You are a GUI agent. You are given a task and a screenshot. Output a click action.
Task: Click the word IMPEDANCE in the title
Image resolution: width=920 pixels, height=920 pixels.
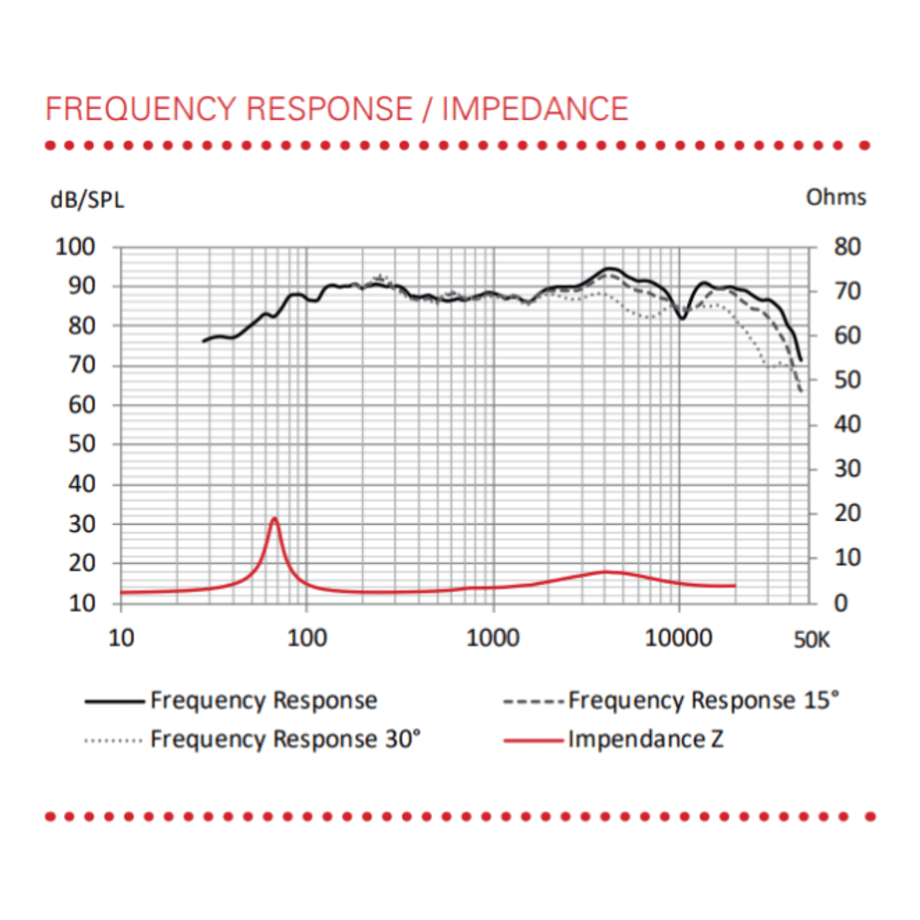pyautogui.click(x=535, y=109)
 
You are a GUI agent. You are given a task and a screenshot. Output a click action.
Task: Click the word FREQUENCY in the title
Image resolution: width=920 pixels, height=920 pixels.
pyautogui.click(x=140, y=109)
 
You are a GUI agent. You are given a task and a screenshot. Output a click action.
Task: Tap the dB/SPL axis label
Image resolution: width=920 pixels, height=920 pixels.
pyautogui.click(x=87, y=200)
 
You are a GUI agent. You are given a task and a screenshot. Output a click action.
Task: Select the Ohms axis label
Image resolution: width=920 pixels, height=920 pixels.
pyautogui.click(x=835, y=197)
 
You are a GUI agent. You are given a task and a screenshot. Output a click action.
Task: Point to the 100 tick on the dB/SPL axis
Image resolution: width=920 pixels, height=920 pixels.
pyautogui.click(x=75, y=247)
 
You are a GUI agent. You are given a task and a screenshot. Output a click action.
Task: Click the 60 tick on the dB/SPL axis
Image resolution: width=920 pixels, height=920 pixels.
pyautogui.click(x=82, y=405)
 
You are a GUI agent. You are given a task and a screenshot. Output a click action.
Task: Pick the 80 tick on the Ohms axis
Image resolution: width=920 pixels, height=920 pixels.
pyautogui.click(x=847, y=247)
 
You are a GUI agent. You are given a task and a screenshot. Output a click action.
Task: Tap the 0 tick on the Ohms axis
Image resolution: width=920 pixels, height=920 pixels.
pyautogui.click(x=840, y=603)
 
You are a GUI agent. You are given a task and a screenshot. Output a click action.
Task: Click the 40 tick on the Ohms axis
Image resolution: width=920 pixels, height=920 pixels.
pyautogui.click(x=847, y=424)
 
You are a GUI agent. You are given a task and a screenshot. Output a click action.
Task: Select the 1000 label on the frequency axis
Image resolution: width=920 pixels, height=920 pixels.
pyautogui.click(x=493, y=638)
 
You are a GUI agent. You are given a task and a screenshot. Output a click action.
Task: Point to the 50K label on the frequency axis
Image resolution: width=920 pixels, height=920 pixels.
pyautogui.click(x=811, y=640)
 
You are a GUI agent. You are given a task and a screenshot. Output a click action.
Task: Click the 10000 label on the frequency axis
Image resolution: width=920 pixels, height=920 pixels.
pyautogui.click(x=678, y=638)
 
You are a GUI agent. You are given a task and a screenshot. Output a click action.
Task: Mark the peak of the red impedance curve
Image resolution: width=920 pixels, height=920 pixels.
pyautogui.click(x=274, y=519)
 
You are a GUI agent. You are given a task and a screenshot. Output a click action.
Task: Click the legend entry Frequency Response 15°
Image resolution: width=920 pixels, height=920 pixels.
pyautogui.click(x=703, y=700)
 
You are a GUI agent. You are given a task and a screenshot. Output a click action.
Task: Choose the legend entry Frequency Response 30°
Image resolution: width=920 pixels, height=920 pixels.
pyautogui.click(x=285, y=739)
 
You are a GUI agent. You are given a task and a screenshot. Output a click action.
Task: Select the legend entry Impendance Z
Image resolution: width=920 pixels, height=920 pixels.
pyautogui.click(x=645, y=739)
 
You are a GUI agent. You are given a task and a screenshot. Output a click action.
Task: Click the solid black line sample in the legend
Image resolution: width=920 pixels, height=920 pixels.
pyautogui.click(x=115, y=701)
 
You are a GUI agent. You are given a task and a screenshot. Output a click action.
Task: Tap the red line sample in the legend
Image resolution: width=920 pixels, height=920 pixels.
pyautogui.click(x=533, y=740)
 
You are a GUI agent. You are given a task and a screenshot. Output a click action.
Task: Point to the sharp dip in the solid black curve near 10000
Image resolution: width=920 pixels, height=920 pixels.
pyautogui.click(x=682, y=318)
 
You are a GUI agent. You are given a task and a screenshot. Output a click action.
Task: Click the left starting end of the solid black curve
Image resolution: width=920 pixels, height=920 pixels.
pyautogui.click(x=204, y=341)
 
